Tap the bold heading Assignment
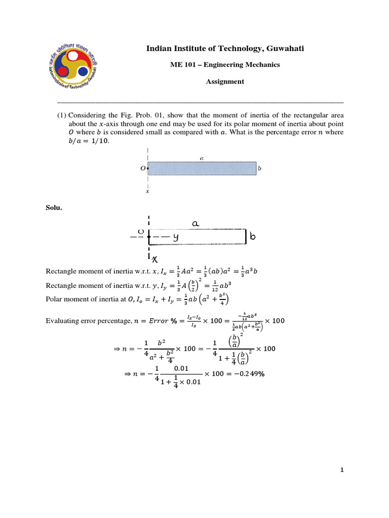pyautogui.click(x=225, y=81)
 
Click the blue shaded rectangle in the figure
pyautogui.click(x=202, y=168)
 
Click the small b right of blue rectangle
pyautogui.click(x=260, y=168)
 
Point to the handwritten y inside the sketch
pyautogui.click(x=176, y=236)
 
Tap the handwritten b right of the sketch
pyautogui.click(x=252, y=236)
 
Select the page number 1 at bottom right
pyautogui.click(x=342, y=470)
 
